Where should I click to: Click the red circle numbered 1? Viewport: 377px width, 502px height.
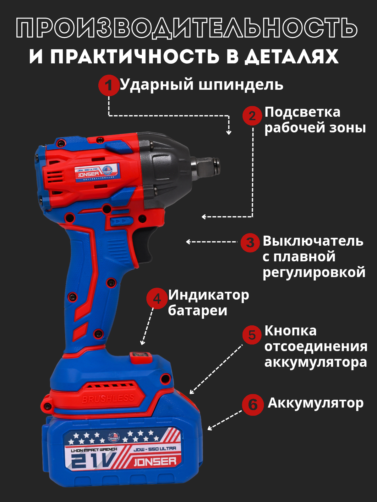coord(109,85)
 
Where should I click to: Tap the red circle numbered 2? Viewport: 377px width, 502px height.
coord(252,116)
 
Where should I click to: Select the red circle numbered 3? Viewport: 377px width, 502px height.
coord(250,243)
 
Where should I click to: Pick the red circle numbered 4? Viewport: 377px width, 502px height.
coord(157,298)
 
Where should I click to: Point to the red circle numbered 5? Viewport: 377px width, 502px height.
coord(252,335)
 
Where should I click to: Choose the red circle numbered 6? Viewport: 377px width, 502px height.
coord(253,405)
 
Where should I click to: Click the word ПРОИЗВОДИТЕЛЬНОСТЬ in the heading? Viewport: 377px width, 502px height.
coord(187,28)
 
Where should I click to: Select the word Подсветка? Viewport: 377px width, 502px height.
coord(302,112)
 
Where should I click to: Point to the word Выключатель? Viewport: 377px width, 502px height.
coord(313,241)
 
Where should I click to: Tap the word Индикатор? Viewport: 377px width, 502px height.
coord(209,295)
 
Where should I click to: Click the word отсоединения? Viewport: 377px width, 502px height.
coord(316,346)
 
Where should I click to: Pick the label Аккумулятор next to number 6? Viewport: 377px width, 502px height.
coord(315,403)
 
